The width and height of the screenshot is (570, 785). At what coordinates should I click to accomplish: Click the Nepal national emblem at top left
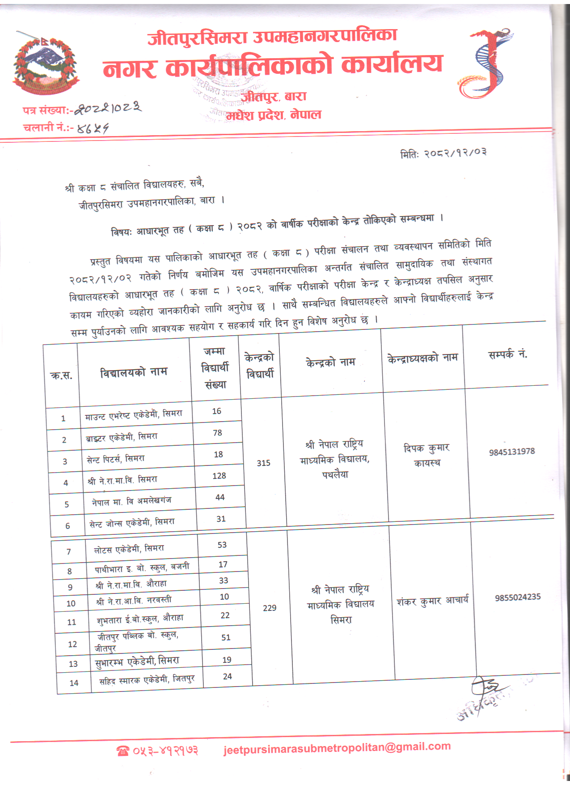pos(45,65)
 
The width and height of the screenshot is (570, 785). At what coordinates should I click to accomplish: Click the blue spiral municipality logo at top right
pos(487,63)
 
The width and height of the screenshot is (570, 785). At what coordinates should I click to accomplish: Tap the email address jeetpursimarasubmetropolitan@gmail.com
pos(337,747)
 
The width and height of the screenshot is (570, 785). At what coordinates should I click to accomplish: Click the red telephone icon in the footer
pos(122,751)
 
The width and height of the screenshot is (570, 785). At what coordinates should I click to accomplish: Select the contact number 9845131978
pos(512,452)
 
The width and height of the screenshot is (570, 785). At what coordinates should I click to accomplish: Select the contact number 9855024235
pos(518,597)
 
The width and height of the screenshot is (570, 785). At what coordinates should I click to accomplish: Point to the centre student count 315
pos(263,463)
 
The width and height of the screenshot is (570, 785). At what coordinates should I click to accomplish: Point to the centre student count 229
pos(270,608)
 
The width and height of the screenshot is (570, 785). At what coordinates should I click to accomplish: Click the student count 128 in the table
pos(219,476)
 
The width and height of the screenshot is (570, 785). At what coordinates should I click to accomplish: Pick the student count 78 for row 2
pos(217,433)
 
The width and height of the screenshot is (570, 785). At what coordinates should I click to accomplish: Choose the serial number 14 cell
pos(74,683)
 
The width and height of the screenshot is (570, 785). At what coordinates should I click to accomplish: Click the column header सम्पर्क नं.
pos(507,354)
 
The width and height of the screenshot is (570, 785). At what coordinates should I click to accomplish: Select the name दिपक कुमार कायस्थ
pos(426,455)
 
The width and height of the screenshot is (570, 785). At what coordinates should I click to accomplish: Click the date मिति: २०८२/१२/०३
pos(443,153)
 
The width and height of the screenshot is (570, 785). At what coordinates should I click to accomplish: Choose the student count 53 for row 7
pos(222,545)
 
